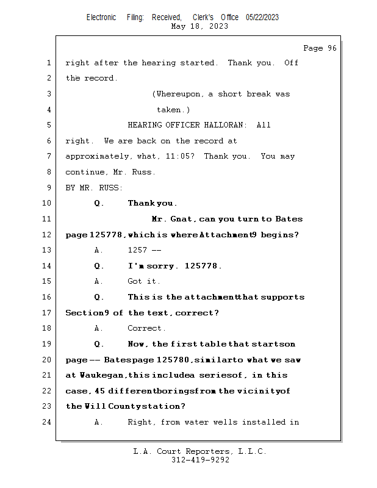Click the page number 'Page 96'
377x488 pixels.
pyautogui.click(x=320, y=48)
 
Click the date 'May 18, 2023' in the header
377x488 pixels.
pyautogui.click(x=200, y=26)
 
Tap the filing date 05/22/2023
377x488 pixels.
pyautogui.click(x=262, y=18)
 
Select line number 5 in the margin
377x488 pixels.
pyautogui.click(x=48, y=125)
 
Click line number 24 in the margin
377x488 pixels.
pyautogui.click(x=46, y=422)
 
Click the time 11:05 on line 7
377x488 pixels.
pyautogui.click(x=179, y=156)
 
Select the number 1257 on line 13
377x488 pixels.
pyautogui.click(x=138, y=250)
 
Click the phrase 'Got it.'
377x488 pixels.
pyautogui.click(x=144, y=281)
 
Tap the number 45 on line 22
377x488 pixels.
pyautogui.click(x=99, y=390)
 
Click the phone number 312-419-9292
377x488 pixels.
pyautogui.click(x=200, y=460)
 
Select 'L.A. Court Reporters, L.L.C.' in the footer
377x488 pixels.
pyautogui.click(x=200, y=451)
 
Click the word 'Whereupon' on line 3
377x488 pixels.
pyautogui.click(x=180, y=94)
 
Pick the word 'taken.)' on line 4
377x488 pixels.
pyautogui.click(x=173, y=110)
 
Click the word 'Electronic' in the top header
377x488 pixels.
pyautogui.click(x=101, y=18)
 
